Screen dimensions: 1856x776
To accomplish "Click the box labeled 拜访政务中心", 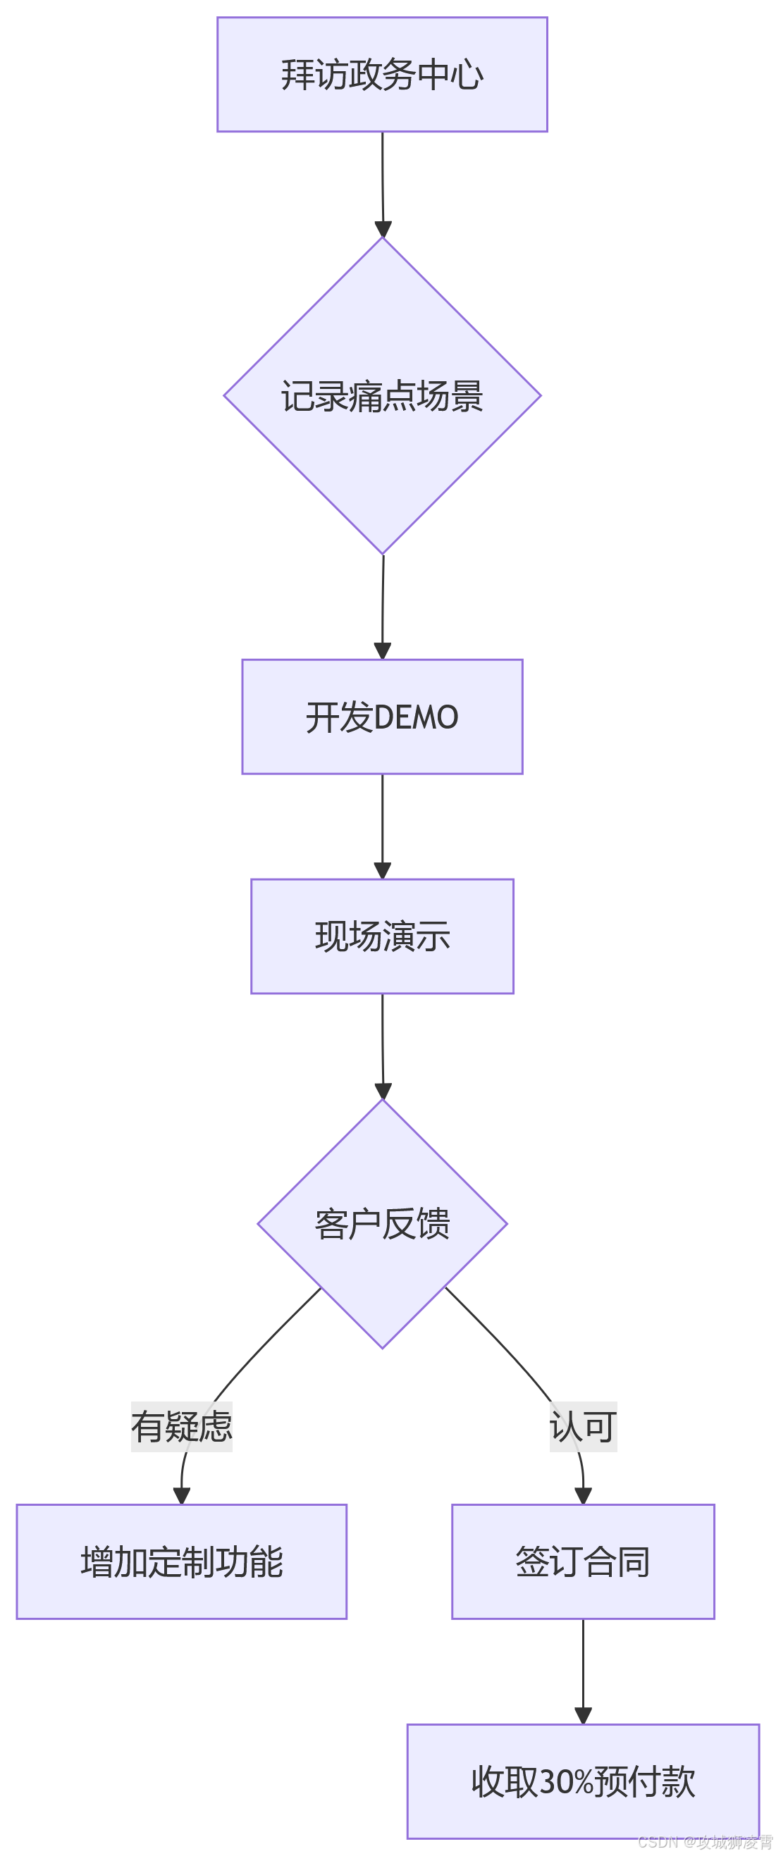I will coord(382,74).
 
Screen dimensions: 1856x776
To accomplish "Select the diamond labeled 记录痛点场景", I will coord(382,395).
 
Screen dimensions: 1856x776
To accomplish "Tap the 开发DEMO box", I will coord(382,717).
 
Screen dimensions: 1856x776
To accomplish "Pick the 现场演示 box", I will coord(382,936).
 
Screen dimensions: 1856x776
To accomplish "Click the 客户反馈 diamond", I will coord(382,1223).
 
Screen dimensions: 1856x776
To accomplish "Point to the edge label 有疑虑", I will coord(182,1427).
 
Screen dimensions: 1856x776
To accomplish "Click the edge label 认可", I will coord(582,1427).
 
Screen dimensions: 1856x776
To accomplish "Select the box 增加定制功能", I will coord(182,1561).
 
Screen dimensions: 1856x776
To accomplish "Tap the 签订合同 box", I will coord(582,1561).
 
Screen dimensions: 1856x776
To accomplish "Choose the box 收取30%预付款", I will coord(582,1781).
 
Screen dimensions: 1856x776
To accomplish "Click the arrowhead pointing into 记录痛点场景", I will coord(383,229).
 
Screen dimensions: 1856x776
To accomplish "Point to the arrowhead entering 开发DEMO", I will coord(383,650).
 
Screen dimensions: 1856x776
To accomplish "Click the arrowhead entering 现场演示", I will coord(383,870).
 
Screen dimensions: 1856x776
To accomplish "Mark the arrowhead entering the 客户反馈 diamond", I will coord(383,1091).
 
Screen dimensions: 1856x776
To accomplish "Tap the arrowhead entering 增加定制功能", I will coord(182,1496).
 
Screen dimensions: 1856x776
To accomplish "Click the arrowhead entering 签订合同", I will coord(583,1496).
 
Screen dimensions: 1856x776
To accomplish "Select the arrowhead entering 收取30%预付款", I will coord(583,1716).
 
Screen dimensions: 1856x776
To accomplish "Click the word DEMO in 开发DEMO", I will coord(416,717).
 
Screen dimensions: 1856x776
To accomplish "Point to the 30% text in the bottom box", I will coord(565,1782).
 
